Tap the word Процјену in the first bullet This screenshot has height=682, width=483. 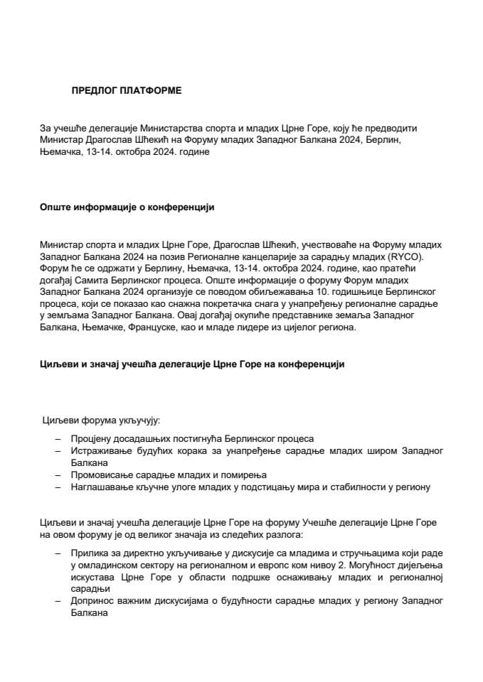coord(91,439)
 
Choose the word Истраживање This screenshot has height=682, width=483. coord(101,450)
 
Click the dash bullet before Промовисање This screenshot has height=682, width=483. coord(58,475)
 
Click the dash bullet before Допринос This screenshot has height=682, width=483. coord(58,601)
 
